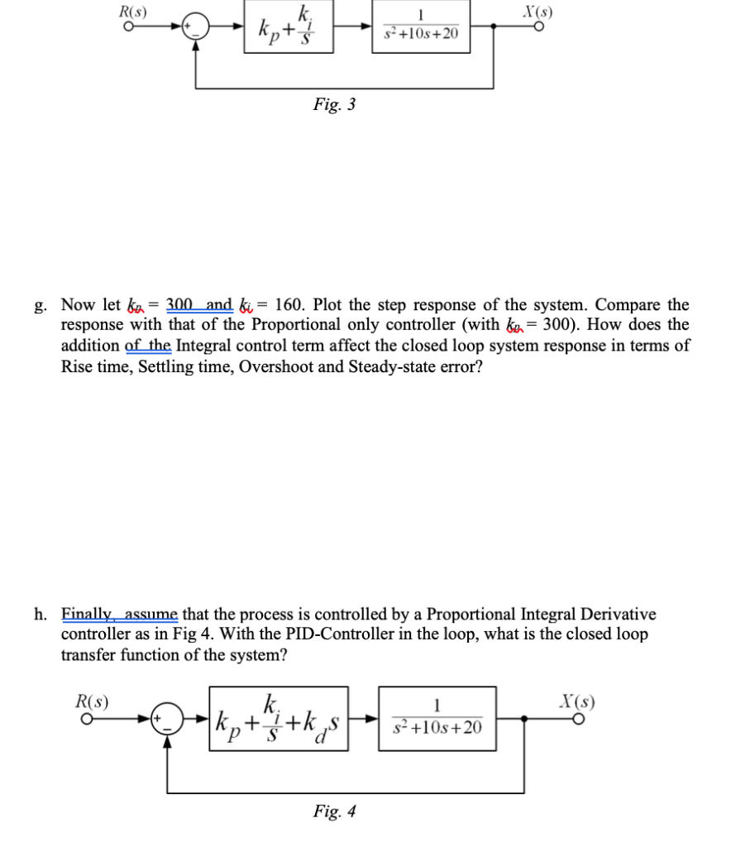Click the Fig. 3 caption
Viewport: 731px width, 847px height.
[x=335, y=105]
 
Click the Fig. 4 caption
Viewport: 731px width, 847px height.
[x=335, y=811]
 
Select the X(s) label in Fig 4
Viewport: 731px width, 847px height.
[x=579, y=704]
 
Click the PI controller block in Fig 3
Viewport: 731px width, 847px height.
[x=288, y=27]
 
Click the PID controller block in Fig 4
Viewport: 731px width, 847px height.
[x=278, y=719]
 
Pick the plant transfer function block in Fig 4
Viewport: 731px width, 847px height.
[x=437, y=719]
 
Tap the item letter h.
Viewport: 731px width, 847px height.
[x=41, y=615]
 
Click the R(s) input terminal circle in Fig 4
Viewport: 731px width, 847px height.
[x=84, y=720]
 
